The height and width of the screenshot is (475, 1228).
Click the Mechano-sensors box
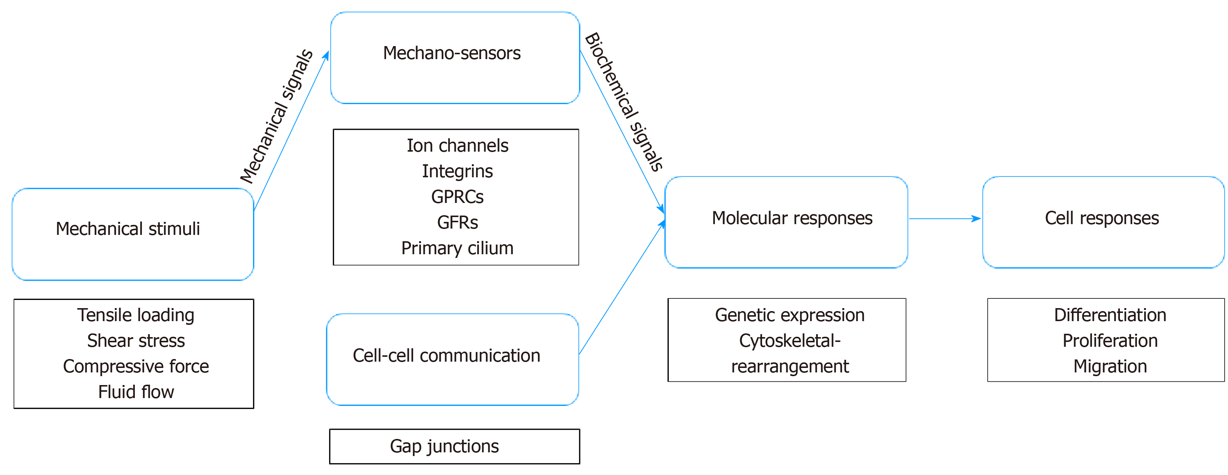click(455, 57)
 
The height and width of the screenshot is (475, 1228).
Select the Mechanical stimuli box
click(133, 234)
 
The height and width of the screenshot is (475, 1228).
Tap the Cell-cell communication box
click(453, 359)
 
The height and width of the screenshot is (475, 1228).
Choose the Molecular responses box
click(786, 222)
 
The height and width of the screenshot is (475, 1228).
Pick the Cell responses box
click(1103, 222)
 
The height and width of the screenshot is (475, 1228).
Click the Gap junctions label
click(444, 446)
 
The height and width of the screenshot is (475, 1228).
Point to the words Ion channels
click(457, 145)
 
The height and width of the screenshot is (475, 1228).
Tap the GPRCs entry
click(457, 197)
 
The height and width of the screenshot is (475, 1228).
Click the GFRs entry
click(457, 223)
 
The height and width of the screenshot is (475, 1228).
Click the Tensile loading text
click(136, 315)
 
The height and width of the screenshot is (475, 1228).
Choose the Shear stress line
click(136, 341)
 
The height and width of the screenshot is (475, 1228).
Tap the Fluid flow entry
click(136, 392)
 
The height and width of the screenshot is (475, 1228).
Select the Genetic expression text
click(790, 315)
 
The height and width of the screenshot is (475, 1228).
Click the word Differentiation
click(1110, 315)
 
